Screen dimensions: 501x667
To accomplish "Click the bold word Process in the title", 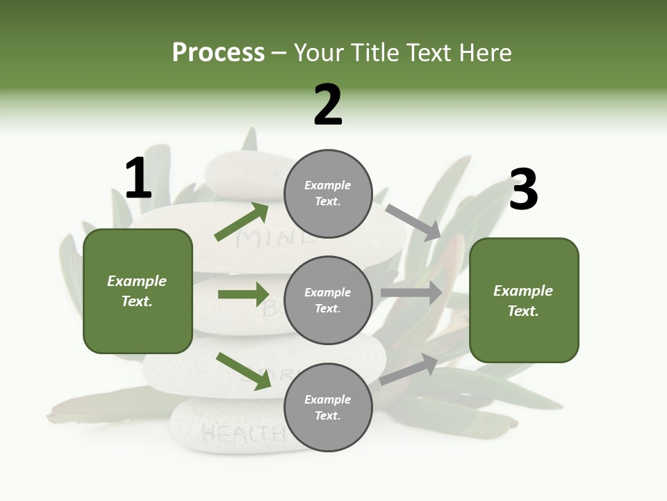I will pos(218,53).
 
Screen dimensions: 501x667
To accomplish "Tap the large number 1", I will pos(138,179).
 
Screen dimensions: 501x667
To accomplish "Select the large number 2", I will pos(328,105).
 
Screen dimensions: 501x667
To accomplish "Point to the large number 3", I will pos(523,190).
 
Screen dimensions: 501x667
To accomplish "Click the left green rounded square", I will pos(138,291).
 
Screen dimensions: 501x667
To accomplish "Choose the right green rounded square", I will pos(524,301).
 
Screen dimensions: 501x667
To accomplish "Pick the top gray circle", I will pos(328,193).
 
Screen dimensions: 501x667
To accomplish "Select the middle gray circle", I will pos(328,300).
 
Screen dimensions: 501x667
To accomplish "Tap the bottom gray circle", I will pos(328,407).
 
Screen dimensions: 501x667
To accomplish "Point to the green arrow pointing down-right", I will pos(243,371).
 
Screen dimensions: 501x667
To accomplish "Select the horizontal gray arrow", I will pos(411,293).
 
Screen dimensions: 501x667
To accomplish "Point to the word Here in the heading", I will pos(486,53).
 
